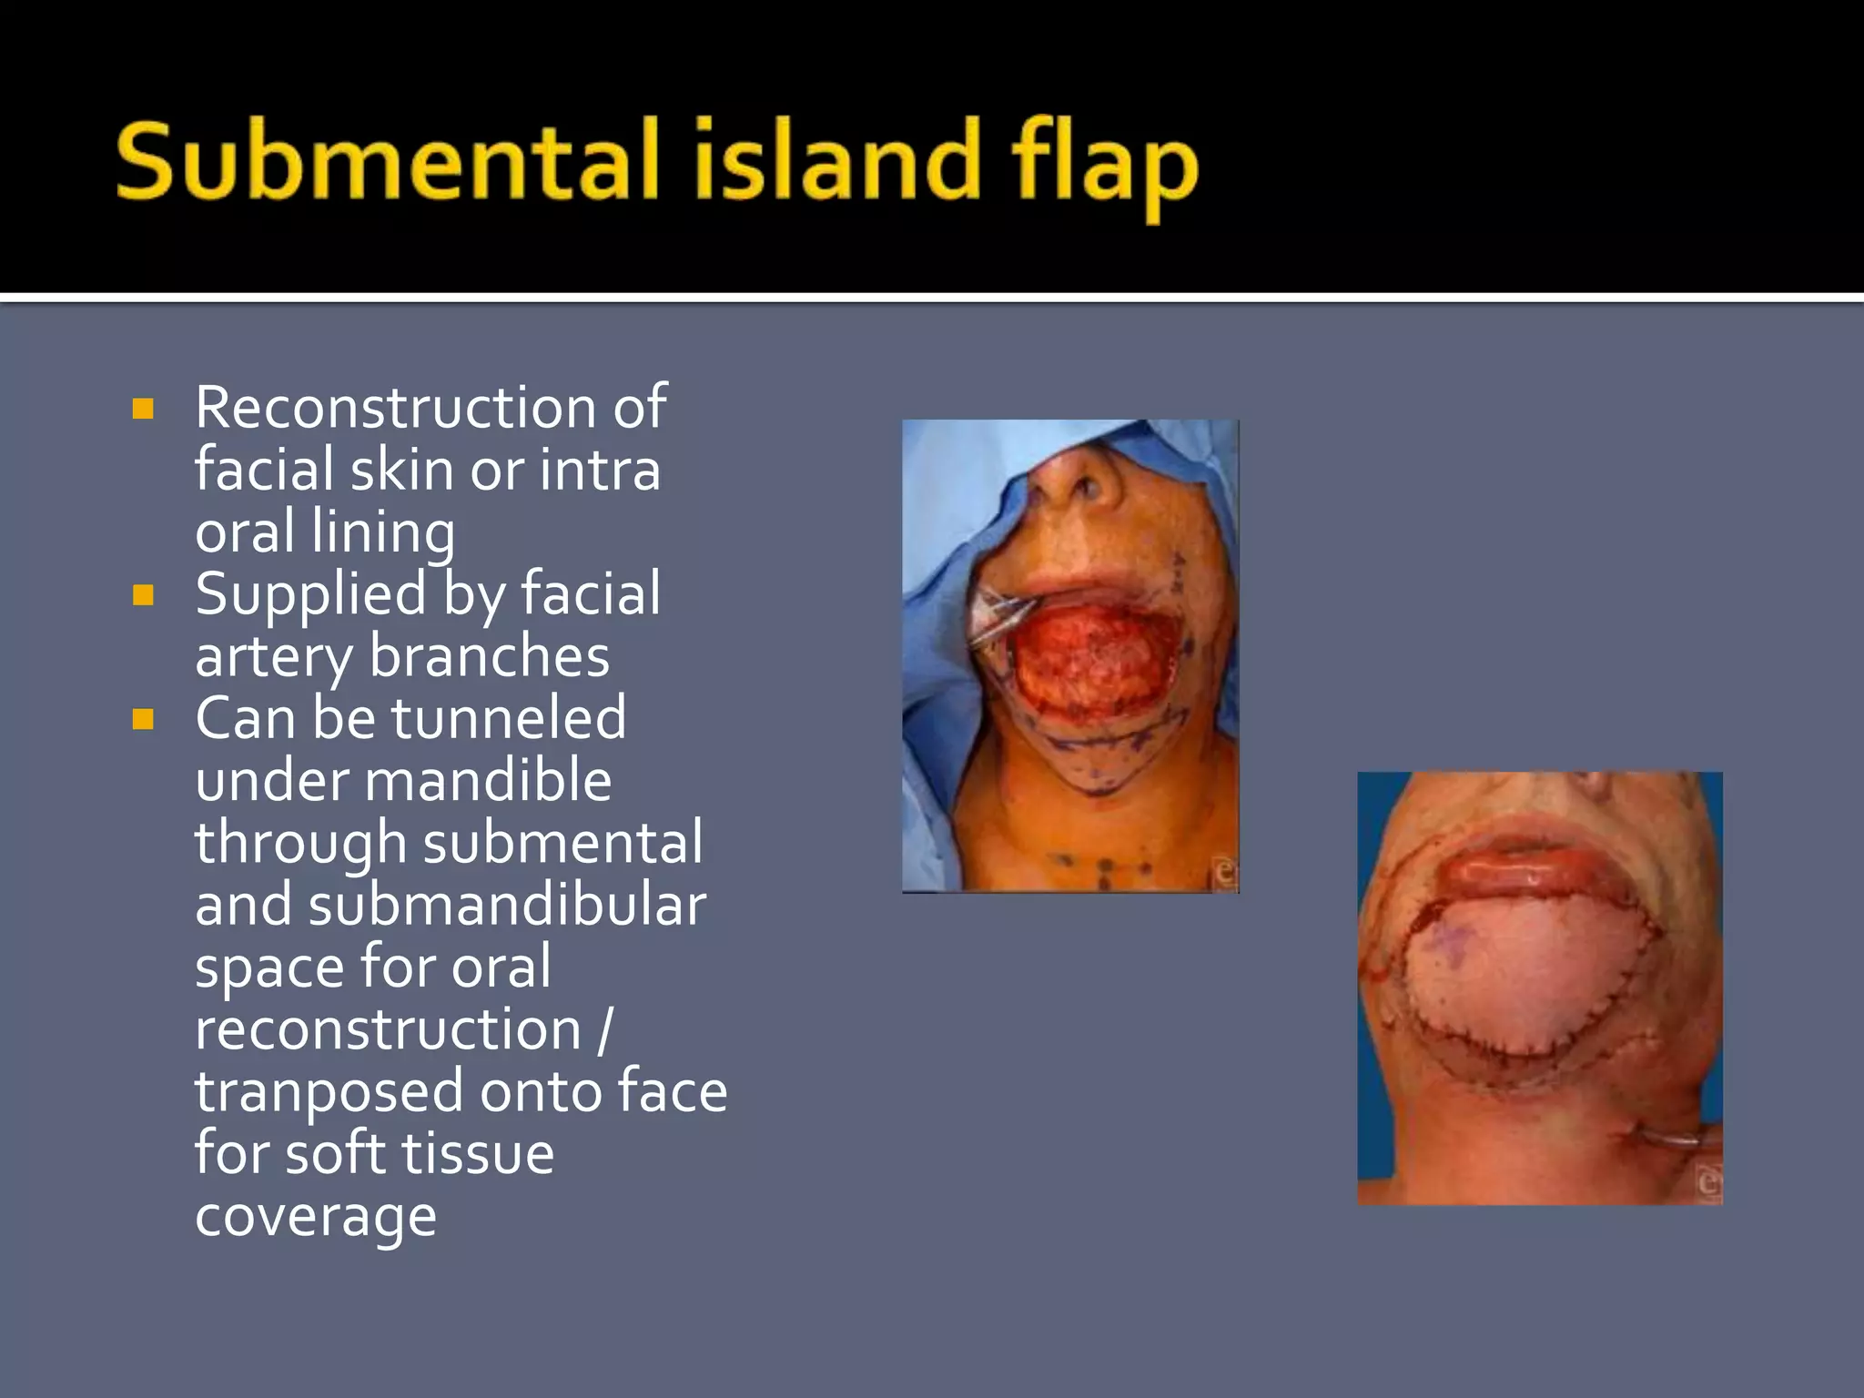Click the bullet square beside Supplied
point(143,595)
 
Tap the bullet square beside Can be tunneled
point(143,720)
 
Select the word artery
point(273,658)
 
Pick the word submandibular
point(507,906)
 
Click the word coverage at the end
point(316,1217)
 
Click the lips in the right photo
point(1529,865)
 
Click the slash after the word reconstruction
point(605,1030)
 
